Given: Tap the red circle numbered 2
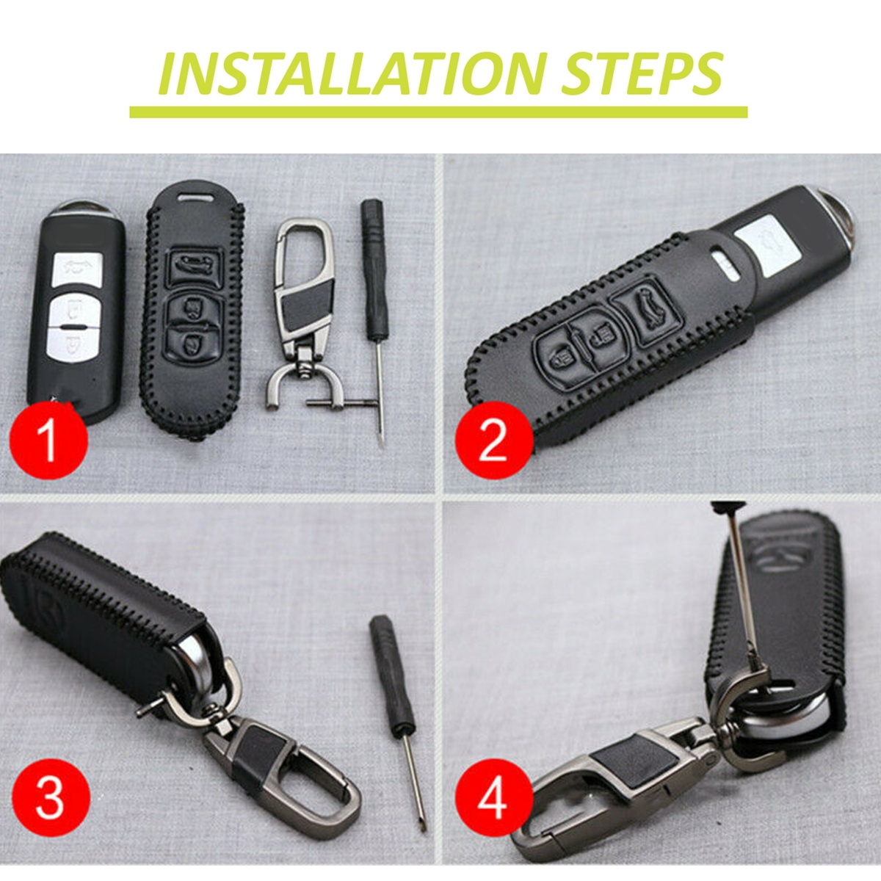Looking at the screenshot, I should click(x=493, y=440).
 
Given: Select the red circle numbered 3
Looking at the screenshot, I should click(x=50, y=799).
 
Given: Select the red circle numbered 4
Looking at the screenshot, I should click(x=493, y=799).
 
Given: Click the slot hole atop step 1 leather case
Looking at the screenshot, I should click(x=194, y=197).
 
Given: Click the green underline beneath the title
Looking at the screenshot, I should click(x=438, y=112).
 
